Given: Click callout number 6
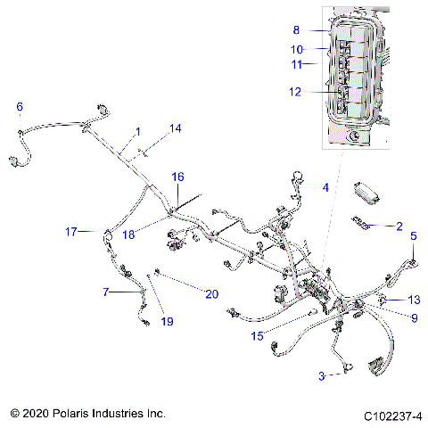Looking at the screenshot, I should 20,107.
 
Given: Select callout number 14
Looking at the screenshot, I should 176,128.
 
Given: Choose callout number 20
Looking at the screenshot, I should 211,293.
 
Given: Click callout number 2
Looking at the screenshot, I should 399,226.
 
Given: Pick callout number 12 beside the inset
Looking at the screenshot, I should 294,91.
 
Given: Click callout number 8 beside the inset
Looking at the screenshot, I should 297,29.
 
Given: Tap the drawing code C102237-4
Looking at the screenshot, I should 392,416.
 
